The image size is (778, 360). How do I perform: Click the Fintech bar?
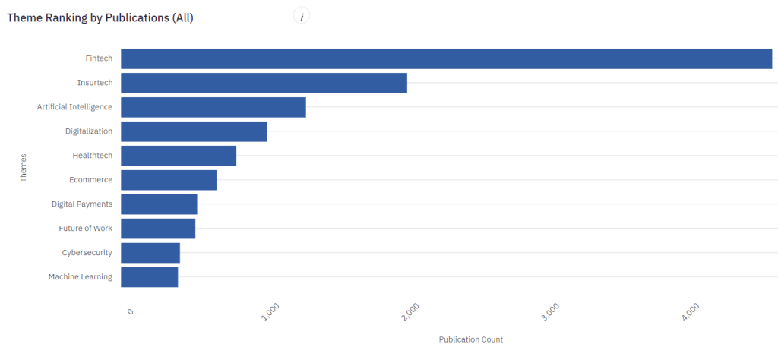(446, 58)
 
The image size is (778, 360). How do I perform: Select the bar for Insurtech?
(264, 83)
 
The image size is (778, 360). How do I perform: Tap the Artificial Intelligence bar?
(213, 107)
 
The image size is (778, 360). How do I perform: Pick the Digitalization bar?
(194, 131)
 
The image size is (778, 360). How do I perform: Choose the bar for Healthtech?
(179, 156)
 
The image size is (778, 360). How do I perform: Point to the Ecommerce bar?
(169, 180)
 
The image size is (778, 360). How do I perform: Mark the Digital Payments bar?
(159, 204)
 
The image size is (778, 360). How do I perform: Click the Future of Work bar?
(158, 229)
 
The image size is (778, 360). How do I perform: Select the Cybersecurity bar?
(150, 253)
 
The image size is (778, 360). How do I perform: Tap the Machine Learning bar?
(149, 277)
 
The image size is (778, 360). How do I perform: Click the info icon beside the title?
(302, 17)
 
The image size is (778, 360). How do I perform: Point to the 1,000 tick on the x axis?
(271, 312)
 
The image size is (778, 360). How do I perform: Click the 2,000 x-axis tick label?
(410, 312)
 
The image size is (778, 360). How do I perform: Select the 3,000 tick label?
(550, 312)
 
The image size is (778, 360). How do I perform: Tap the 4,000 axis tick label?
(690, 312)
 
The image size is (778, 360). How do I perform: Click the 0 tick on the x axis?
(130, 312)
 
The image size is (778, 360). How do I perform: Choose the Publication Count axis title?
(471, 339)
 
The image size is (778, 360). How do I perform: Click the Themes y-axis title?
(23, 168)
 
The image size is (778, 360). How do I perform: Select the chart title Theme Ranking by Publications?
(100, 17)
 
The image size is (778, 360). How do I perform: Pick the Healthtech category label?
(92, 156)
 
